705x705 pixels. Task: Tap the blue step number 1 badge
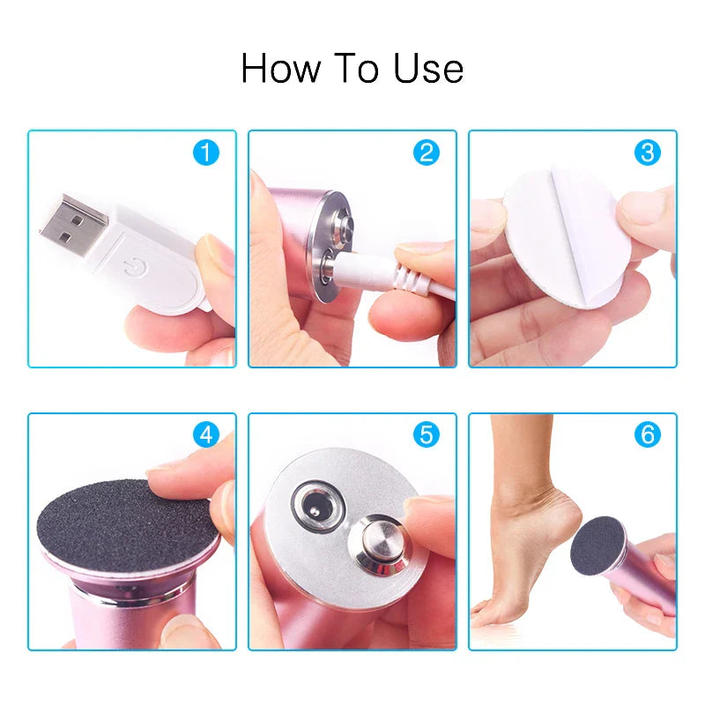(x=206, y=152)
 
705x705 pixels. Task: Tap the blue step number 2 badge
(x=427, y=152)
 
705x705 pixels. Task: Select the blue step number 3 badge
(x=647, y=152)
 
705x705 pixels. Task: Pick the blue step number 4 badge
(x=206, y=434)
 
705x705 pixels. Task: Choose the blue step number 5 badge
(x=427, y=434)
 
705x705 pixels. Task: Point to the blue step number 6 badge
(x=647, y=434)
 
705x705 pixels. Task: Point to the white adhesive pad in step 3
(x=564, y=229)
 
